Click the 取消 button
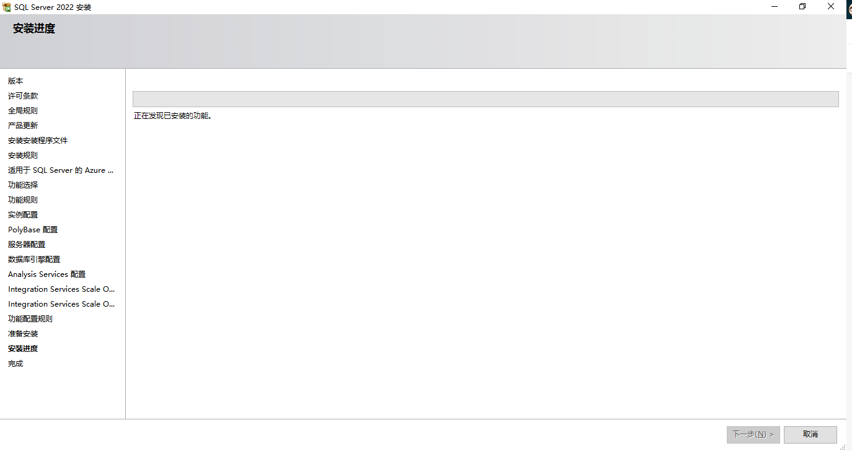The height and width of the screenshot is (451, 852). pos(810,434)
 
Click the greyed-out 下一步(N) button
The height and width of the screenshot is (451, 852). pos(753,434)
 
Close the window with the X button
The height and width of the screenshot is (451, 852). pos(831,7)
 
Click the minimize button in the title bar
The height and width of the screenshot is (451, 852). pos(775,7)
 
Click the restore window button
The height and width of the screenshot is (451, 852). pos(802,7)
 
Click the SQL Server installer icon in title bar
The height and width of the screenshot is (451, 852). pos(7,7)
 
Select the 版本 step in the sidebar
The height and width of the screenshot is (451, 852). pos(15,81)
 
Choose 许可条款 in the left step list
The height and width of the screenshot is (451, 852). pos(23,96)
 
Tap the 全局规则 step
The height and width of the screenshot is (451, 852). pos(23,111)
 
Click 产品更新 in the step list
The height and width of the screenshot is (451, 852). pos(23,126)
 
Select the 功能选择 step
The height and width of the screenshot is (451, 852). pos(23,185)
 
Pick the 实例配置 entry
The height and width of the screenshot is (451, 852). pos(23,215)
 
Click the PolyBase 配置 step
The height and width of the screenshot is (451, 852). pos(33,230)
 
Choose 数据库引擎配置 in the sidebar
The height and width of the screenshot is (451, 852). pos(34,260)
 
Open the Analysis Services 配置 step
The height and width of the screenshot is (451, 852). pos(47,274)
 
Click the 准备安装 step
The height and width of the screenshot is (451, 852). pos(23,334)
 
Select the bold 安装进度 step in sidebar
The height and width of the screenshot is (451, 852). pos(23,349)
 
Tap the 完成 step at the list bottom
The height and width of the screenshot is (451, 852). pos(15,364)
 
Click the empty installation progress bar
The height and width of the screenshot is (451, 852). pos(485,99)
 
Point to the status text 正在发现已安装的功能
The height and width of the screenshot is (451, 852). pos(173,116)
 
